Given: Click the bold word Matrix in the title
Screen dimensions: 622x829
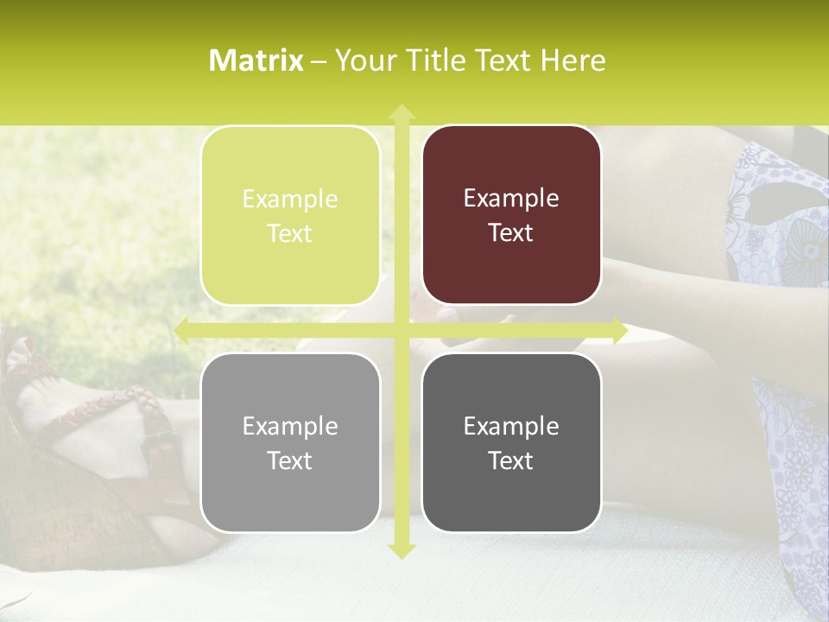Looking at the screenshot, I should [256, 60].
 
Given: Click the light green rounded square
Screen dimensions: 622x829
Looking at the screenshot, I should [290, 216].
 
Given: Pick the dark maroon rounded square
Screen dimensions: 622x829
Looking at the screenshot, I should [511, 216].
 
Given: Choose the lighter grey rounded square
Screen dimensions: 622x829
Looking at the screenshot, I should [290, 442].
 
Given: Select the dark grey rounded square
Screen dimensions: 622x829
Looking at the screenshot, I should [511, 442].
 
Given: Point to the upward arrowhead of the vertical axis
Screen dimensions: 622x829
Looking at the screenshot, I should [402, 111].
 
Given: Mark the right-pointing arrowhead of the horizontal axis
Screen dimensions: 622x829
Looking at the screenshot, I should [619, 330].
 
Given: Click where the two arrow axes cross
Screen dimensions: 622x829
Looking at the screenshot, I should [402, 330].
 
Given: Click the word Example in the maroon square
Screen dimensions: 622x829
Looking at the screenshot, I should [511, 199].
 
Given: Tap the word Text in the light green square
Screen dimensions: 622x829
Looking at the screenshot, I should [290, 234].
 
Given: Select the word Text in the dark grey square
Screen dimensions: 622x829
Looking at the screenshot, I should [511, 461].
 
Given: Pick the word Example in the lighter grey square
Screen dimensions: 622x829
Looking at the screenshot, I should [290, 426].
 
